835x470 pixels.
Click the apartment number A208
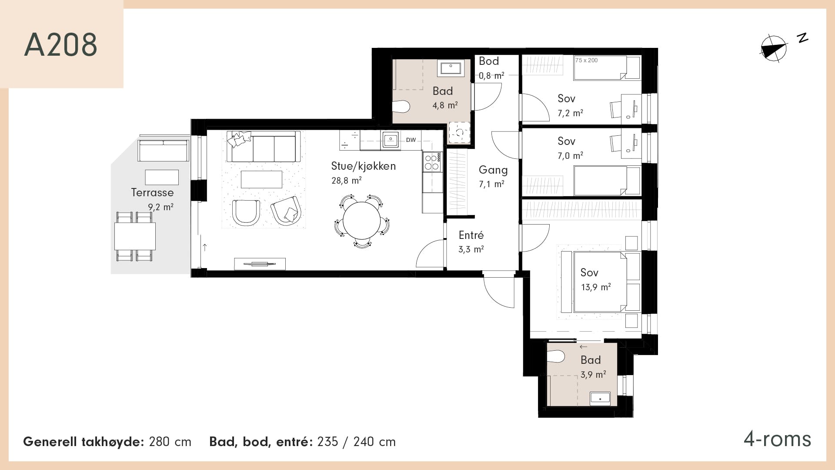[60, 44]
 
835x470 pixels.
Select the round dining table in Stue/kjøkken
[362, 220]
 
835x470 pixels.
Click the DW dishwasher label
[411, 140]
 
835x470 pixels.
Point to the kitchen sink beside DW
[391, 139]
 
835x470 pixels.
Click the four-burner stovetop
[432, 162]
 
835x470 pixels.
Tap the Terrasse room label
[152, 192]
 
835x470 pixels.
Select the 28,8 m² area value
[347, 180]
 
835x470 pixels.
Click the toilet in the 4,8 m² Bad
[401, 107]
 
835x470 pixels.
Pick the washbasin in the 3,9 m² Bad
[600, 398]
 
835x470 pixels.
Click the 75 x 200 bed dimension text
[586, 60]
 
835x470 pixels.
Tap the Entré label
[471, 235]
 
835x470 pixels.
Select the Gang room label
[493, 170]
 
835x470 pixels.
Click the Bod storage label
[489, 61]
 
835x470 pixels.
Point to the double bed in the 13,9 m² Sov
[601, 282]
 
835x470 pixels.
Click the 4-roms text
[777, 439]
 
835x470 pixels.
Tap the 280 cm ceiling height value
[170, 442]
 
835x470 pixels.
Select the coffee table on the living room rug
[261, 179]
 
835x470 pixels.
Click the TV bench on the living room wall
[260, 264]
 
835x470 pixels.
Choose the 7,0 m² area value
[570, 155]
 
